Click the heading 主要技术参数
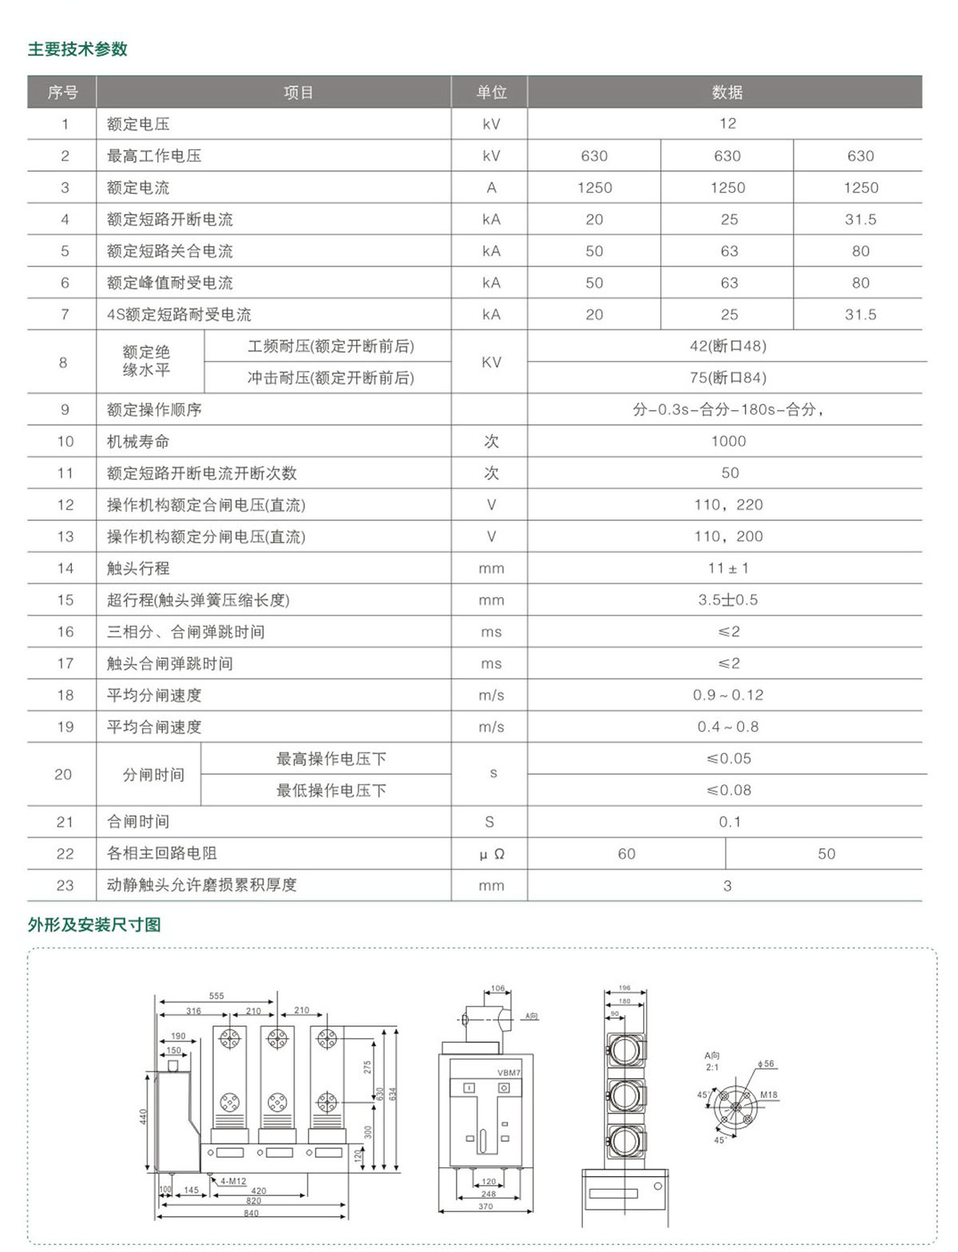click(77, 49)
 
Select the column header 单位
click(491, 93)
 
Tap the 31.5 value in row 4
click(860, 219)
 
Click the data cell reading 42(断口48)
click(727, 346)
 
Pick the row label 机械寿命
click(138, 441)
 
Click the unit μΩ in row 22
click(491, 854)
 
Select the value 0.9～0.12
click(728, 695)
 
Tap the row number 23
click(65, 885)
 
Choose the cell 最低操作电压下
click(331, 790)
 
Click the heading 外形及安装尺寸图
click(94, 925)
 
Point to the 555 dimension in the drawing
click(216, 996)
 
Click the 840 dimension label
click(251, 1213)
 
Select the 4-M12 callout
click(233, 1181)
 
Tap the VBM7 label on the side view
click(509, 1073)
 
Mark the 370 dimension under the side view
click(485, 1207)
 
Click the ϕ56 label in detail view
click(766, 1064)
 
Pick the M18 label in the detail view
click(768, 1095)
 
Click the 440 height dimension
click(144, 1116)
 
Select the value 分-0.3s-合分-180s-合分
click(727, 409)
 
